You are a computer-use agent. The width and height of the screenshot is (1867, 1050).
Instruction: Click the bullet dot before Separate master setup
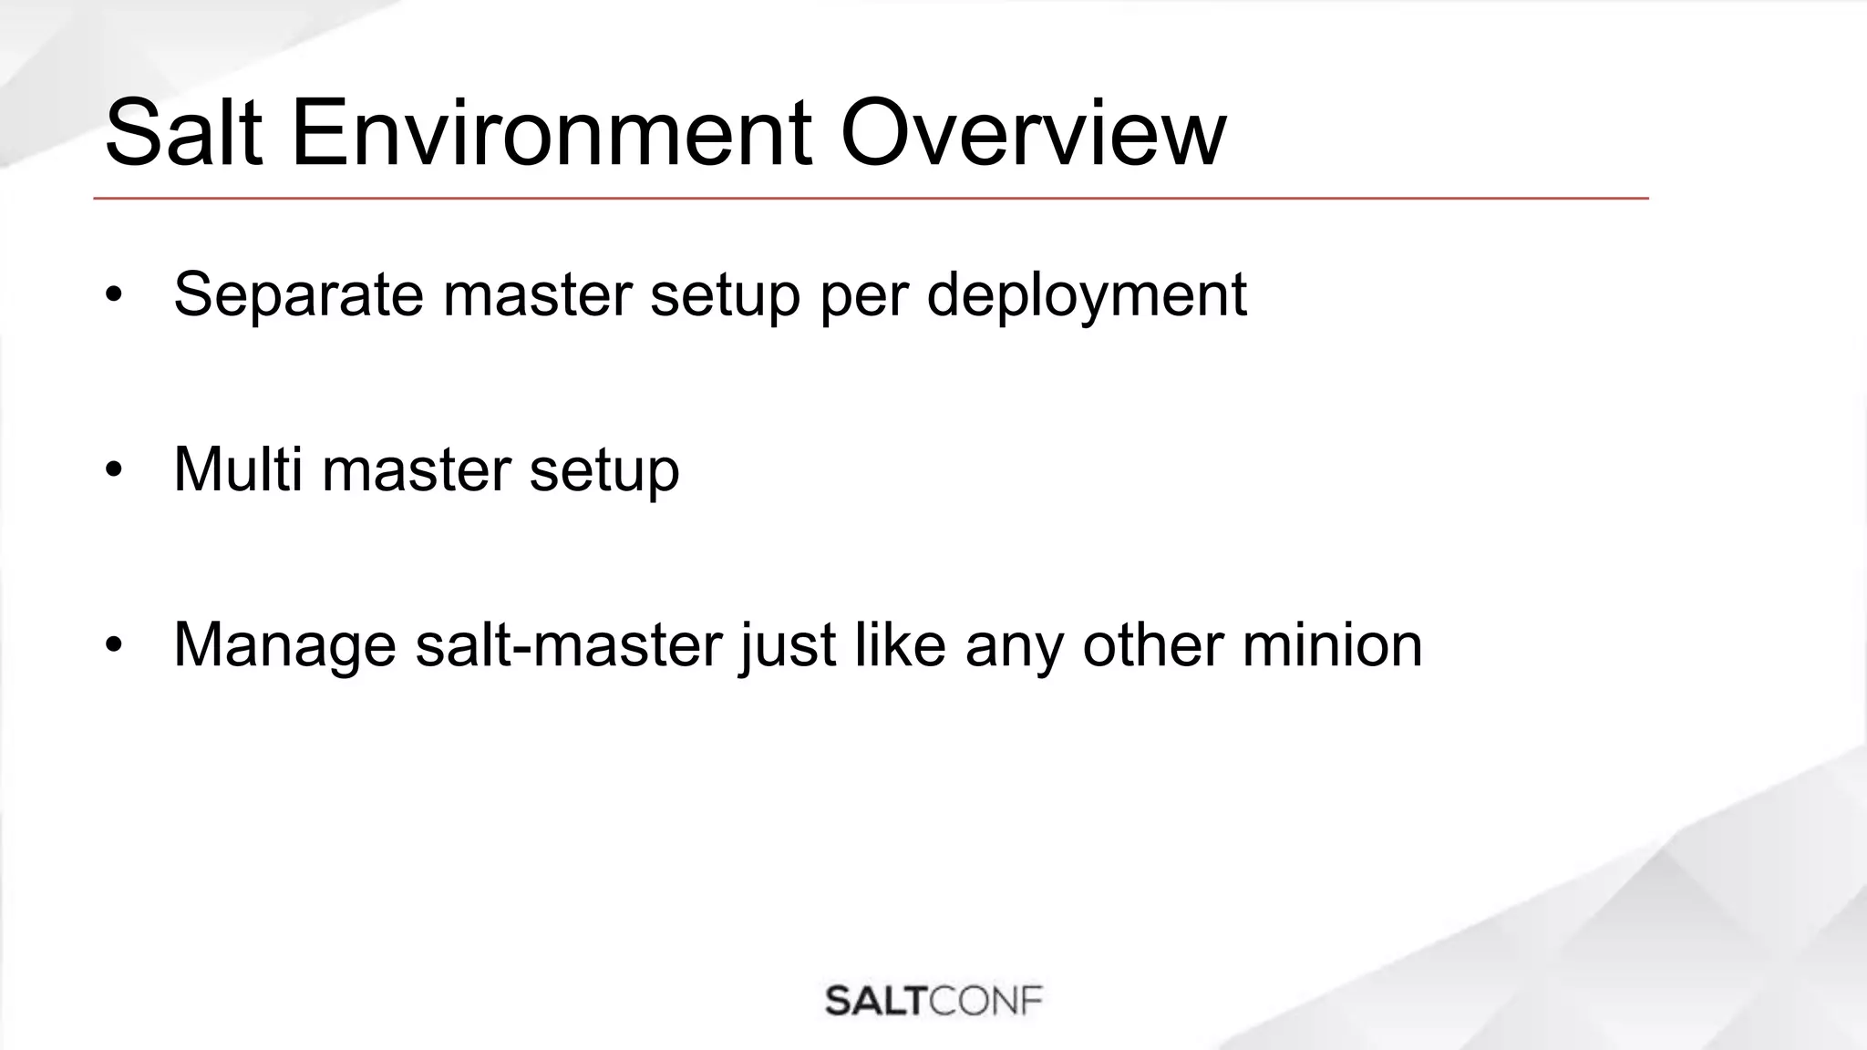point(113,295)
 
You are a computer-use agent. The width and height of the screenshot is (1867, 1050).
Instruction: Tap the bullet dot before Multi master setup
point(113,470)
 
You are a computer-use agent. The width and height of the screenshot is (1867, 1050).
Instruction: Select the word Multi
point(238,469)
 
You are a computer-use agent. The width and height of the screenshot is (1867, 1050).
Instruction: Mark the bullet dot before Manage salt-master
point(113,645)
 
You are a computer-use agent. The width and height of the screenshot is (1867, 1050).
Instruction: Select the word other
point(1152,644)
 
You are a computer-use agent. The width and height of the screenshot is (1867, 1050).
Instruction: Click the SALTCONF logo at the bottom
point(933,1001)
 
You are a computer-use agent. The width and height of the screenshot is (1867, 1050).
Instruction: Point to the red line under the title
point(871,198)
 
